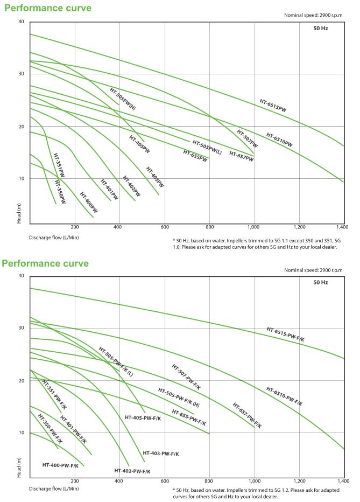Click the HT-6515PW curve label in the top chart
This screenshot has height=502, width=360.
(273, 105)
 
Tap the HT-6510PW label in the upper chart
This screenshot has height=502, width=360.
(279, 140)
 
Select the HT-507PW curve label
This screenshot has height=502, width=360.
(247, 138)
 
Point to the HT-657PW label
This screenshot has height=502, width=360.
(241, 155)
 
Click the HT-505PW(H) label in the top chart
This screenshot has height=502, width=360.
(123, 99)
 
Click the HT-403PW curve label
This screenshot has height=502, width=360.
(155, 177)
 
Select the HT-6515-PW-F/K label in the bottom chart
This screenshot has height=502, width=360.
(286, 334)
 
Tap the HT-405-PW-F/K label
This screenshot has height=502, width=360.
(143, 417)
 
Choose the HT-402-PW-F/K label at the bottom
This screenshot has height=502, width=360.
(132, 471)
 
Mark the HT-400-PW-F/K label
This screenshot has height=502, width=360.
(60, 465)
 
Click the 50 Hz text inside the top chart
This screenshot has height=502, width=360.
(321, 28)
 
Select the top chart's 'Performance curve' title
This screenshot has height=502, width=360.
(47, 8)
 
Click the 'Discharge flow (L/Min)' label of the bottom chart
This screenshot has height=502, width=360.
(54, 489)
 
